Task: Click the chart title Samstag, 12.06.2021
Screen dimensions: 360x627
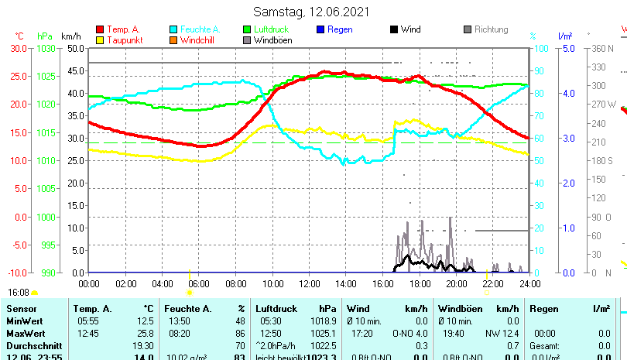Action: pyautogui.click(x=312, y=12)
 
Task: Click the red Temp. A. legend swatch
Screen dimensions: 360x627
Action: pyautogui.click(x=99, y=29)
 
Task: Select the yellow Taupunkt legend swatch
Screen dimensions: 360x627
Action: pyautogui.click(x=99, y=40)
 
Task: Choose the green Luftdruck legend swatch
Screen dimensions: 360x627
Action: pyautogui.click(x=247, y=29)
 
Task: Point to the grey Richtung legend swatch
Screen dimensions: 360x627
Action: pyautogui.click(x=468, y=29)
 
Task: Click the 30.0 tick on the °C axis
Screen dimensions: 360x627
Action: pyautogui.click(x=17, y=48)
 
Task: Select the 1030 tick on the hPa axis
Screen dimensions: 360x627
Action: pyautogui.click(x=46, y=48)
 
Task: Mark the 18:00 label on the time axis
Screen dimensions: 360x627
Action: pyautogui.click(x=420, y=283)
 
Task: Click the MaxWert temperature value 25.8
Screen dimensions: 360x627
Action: pyautogui.click(x=146, y=333)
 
